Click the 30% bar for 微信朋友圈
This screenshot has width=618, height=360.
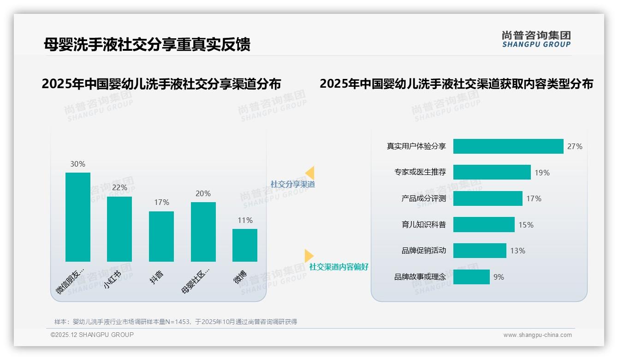pos(77,217)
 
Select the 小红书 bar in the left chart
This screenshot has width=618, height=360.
pos(119,229)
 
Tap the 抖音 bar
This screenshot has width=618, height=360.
pos(161,236)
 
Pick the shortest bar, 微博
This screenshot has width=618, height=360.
pos(245,245)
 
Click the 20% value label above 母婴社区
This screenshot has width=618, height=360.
pos(203,193)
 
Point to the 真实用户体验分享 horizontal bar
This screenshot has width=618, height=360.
pos(508,146)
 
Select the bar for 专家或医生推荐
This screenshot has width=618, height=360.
pos(492,172)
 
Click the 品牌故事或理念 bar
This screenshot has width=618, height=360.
pos(471,277)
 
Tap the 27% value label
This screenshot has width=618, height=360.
pos(575,146)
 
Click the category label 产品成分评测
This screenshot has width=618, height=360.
pos(423,198)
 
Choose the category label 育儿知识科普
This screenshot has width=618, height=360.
pos(423,225)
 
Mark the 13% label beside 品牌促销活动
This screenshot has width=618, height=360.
pos(517,251)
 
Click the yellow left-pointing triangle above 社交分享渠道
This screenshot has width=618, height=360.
pos(310,173)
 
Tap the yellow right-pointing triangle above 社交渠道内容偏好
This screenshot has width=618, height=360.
pos(309,256)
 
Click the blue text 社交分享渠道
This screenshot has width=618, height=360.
pos(292,184)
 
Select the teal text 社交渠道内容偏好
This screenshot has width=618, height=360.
pos(339,267)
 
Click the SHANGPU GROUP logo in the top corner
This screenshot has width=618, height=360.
pos(536,39)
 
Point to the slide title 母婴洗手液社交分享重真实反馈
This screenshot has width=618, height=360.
pos(147,44)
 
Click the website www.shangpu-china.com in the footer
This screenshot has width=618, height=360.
pos(537,335)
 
